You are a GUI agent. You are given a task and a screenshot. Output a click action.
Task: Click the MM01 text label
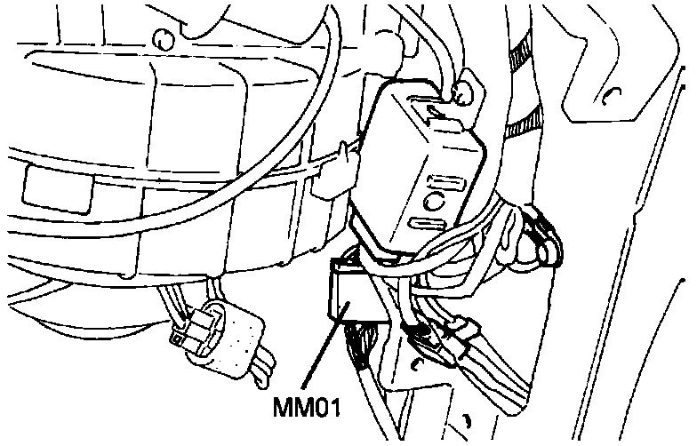click(x=308, y=411)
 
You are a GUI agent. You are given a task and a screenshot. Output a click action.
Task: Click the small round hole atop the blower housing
click(x=161, y=39)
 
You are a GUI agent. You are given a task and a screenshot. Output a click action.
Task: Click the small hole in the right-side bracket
click(x=612, y=96)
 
